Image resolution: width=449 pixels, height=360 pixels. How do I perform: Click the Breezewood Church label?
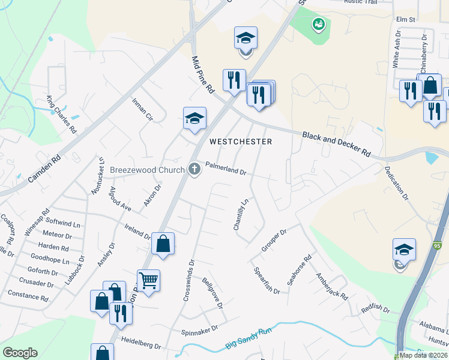coord(146,170)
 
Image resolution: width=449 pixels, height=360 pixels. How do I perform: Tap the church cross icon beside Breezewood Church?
coord(194,169)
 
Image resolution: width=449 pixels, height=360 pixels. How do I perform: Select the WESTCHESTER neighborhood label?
coord(241,142)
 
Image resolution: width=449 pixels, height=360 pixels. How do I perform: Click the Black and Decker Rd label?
coord(336,145)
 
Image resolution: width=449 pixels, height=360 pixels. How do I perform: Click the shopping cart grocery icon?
coord(148,279)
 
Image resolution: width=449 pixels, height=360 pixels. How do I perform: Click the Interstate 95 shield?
coord(436,245)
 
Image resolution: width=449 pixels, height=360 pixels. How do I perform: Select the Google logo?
coord(20,353)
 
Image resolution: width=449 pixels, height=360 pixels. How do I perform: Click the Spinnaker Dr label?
coord(197,331)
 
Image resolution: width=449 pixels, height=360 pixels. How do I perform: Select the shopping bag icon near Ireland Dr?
coord(163,243)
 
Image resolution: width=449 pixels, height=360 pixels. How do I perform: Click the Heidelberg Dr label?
coord(141,346)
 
